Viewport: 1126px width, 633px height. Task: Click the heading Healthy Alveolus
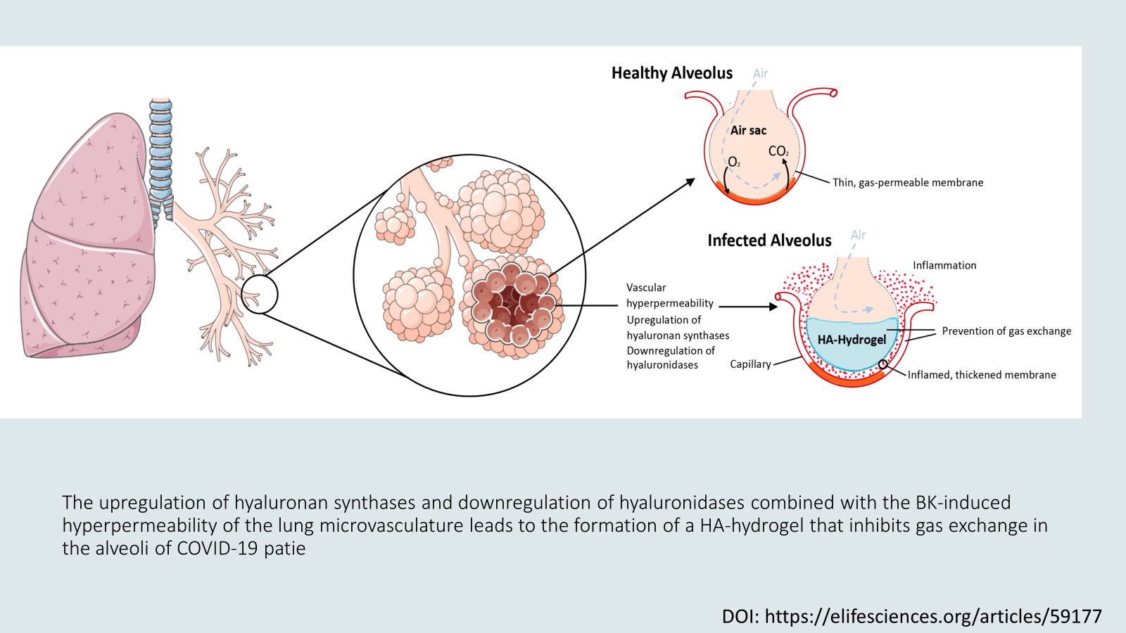pos(671,73)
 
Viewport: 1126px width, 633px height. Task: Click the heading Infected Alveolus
pos(769,241)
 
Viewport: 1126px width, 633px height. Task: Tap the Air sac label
pos(748,130)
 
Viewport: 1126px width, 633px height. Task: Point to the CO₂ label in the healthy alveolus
pos(778,151)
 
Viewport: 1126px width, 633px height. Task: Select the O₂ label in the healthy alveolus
pos(734,162)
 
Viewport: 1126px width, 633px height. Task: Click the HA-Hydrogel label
pos(852,340)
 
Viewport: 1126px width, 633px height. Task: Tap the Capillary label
pos(750,364)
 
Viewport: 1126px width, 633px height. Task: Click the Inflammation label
pos(944,265)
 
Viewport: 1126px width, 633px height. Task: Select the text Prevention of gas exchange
pos(1006,331)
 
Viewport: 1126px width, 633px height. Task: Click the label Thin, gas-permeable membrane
pos(908,182)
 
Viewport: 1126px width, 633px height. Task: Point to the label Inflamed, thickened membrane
pos(982,375)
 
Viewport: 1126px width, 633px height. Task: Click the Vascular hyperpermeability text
pos(669,295)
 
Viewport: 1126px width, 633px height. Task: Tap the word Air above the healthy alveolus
pos(760,73)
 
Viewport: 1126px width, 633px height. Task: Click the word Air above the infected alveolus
pos(858,235)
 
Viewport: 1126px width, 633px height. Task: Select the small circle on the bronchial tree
pos(260,294)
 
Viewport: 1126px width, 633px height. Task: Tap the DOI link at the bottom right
pos(911,616)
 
